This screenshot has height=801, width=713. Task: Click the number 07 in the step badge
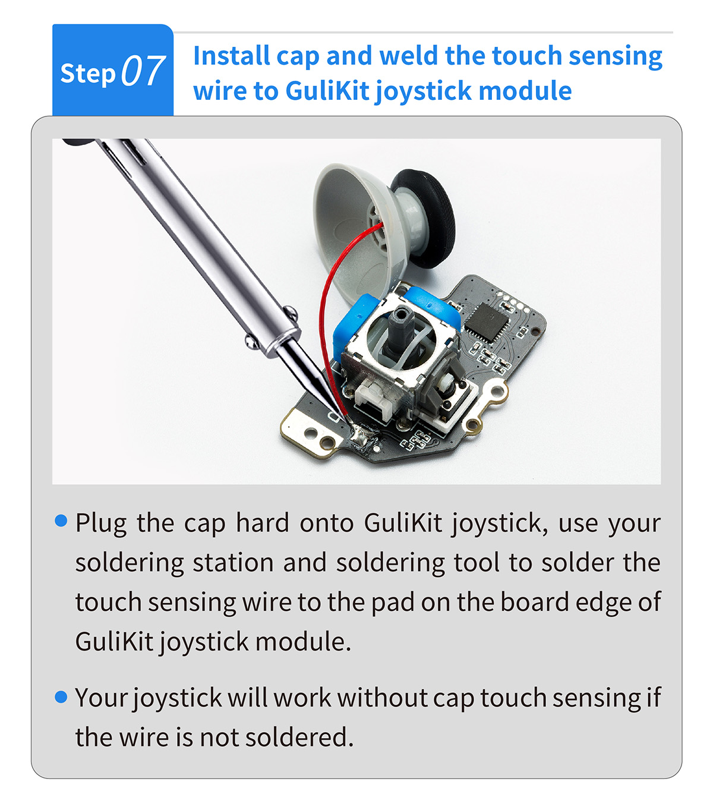click(x=143, y=71)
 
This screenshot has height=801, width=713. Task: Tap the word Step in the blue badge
click(x=88, y=74)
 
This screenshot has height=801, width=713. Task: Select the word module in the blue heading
click(x=525, y=90)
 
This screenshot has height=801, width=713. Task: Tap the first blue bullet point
click(x=61, y=521)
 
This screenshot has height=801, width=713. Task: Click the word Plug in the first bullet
click(x=101, y=524)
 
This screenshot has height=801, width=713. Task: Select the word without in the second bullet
click(x=381, y=698)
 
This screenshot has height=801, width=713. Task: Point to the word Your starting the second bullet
click(x=101, y=698)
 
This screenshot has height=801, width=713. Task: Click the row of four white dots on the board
click(x=513, y=301)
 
